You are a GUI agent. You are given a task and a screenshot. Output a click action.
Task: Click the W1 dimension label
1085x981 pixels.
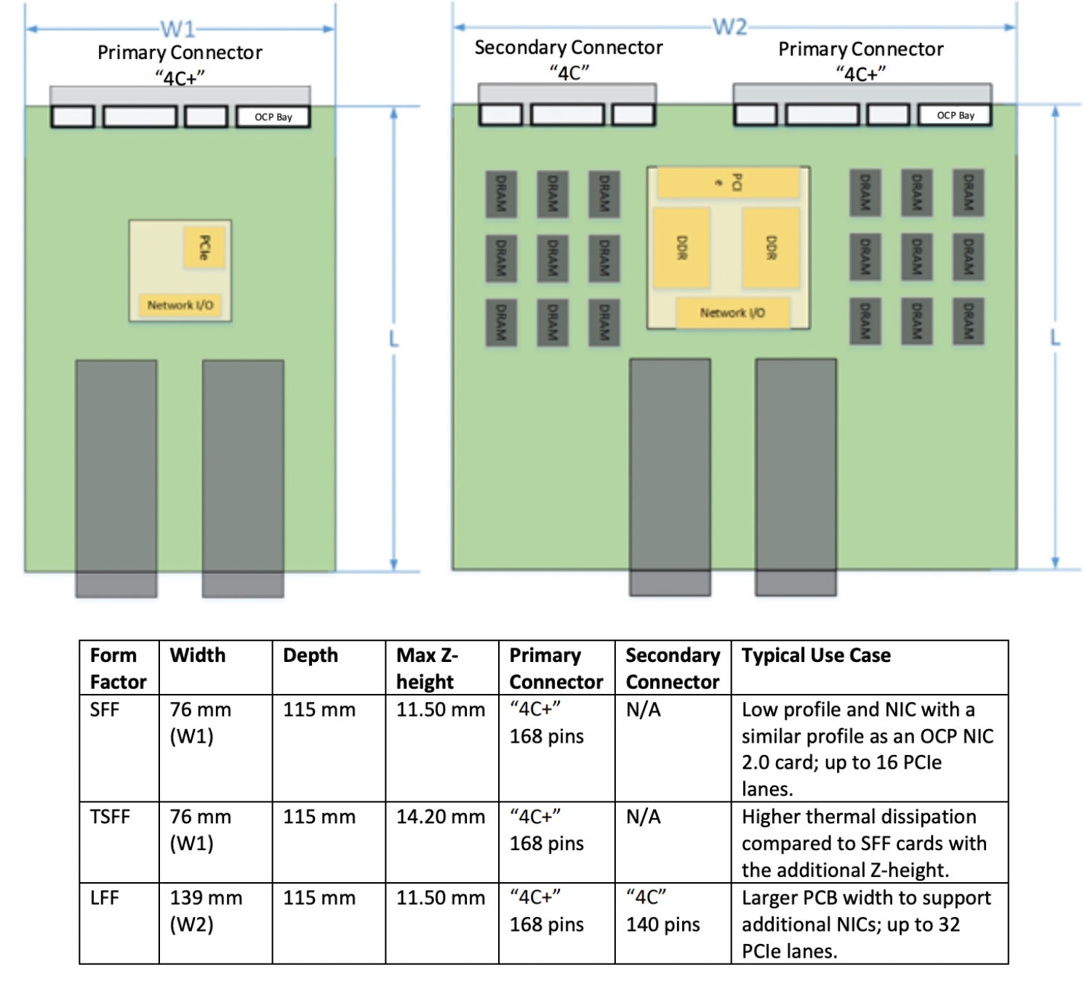point(178,29)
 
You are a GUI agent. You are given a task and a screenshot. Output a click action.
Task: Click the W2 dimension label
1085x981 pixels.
point(729,27)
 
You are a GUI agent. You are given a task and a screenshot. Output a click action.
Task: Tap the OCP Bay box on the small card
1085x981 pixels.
point(273,117)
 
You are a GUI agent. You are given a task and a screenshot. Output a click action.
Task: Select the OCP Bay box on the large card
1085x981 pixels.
point(955,116)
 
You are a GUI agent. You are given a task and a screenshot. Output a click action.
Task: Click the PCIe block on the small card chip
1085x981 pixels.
point(204,248)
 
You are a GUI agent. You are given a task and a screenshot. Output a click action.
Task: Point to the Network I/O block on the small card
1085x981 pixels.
point(180,305)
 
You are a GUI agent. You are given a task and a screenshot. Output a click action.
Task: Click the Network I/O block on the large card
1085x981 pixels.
point(732,313)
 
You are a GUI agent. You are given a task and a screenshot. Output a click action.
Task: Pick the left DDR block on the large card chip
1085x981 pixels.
point(681,248)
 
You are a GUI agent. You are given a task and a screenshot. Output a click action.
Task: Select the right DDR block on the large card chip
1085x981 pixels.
point(771,248)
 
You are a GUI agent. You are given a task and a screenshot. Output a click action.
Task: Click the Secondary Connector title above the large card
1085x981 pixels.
point(568,48)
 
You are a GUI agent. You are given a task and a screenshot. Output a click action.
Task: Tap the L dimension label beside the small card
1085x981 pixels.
point(393,339)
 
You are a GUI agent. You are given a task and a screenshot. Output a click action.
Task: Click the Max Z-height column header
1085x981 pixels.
point(427,669)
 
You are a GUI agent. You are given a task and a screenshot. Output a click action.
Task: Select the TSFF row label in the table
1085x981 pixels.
point(110,817)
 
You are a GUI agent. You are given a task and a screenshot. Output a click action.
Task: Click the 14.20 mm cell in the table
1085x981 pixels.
point(440,817)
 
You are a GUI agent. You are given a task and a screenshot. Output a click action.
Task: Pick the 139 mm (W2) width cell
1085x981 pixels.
point(206,911)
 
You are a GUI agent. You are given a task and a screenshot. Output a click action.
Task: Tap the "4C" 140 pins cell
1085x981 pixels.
point(662,911)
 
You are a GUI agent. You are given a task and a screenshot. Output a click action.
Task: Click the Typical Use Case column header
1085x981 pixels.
point(816,655)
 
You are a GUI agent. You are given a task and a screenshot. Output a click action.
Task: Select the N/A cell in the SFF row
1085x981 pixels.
point(644,709)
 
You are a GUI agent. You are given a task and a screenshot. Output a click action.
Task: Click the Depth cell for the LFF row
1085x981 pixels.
point(319,898)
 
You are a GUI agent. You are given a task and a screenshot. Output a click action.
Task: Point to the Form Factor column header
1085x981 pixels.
point(117,669)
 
